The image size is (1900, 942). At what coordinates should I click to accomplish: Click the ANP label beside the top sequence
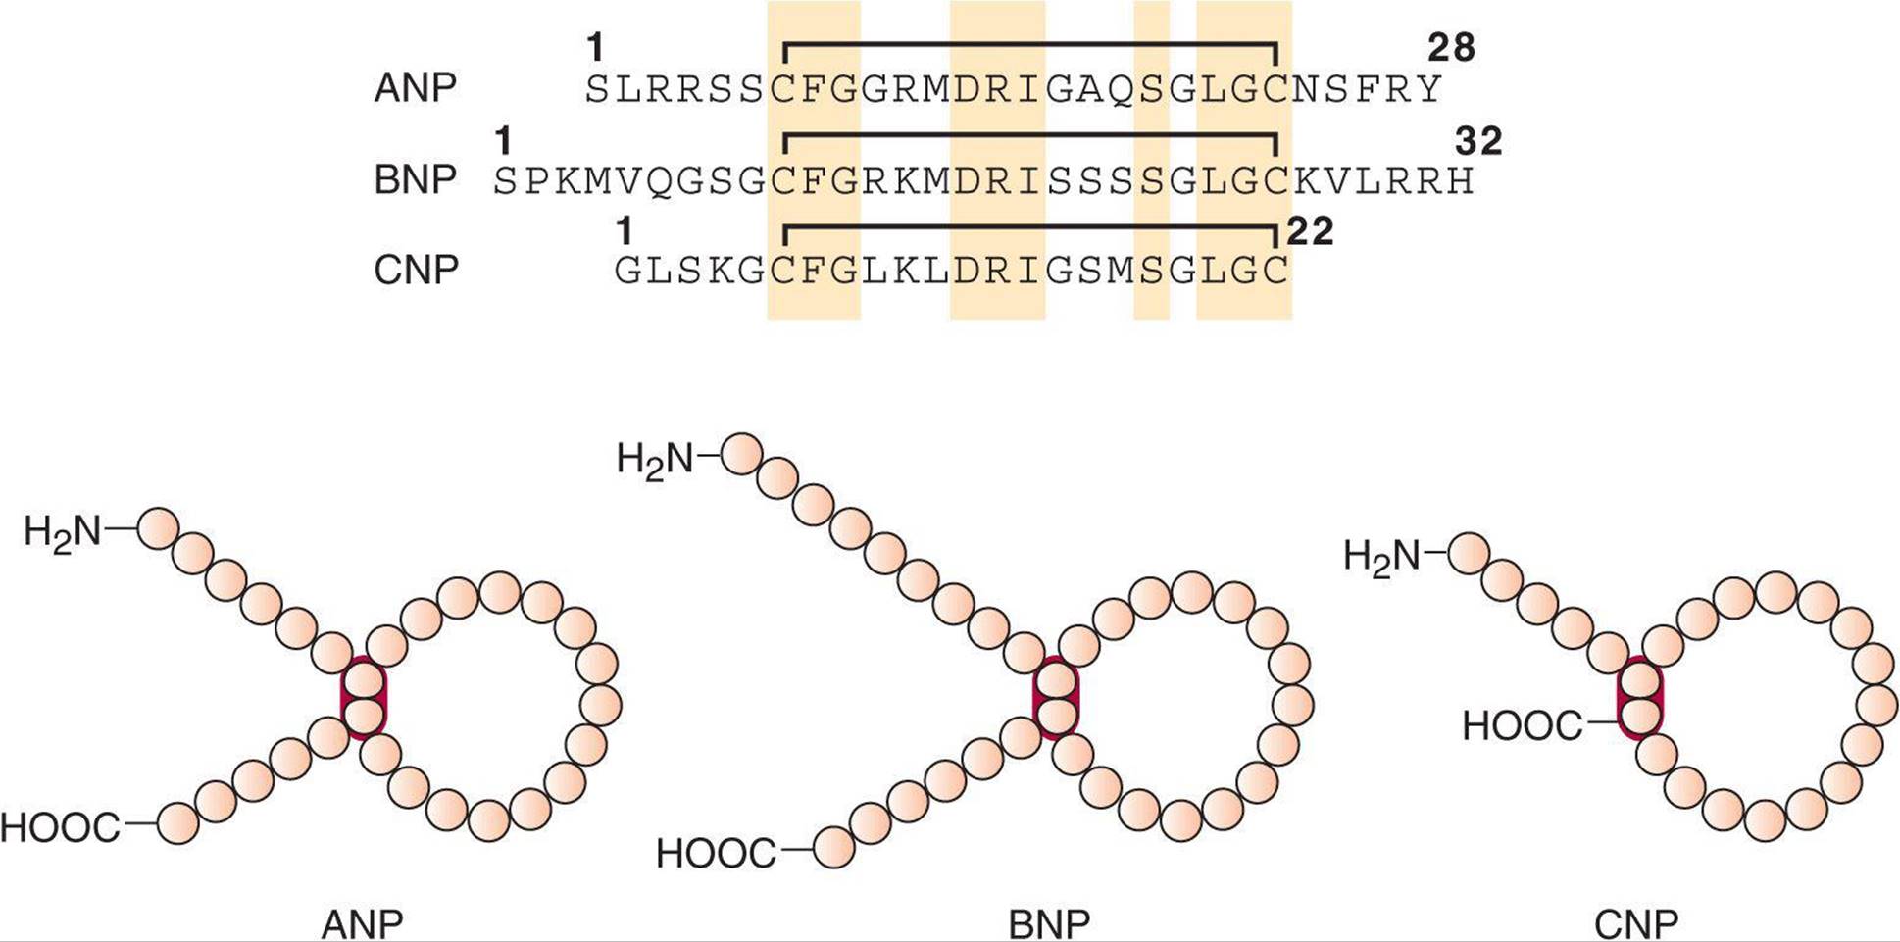pyautogui.click(x=416, y=88)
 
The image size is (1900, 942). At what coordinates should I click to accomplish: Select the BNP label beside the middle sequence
pyautogui.click(x=416, y=180)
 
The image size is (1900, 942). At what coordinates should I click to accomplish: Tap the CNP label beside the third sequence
pyautogui.click(x=416, y=271)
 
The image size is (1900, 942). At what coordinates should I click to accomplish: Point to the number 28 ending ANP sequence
pyautogui.click(x=1451, y=47)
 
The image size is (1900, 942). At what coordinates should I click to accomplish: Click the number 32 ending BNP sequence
pyautogui.click(x=1478, y=142)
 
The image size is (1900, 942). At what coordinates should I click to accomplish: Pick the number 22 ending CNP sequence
pyautogui.click(x=1310, y=231)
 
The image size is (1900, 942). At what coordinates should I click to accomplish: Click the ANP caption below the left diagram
pyautogui.click(x=362, y=924)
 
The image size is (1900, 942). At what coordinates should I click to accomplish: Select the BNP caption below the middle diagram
pyautogui.click(x=1049, y=924)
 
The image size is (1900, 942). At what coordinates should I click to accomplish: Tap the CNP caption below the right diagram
pyautogui.click(x=1636, y=924)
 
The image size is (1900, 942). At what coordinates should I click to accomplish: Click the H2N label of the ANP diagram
pyautogui.click(x=63, y=532)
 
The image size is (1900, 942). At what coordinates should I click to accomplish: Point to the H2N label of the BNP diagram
pyautogui.click(x=655, y=459)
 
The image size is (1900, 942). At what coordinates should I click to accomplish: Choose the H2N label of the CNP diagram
pyautogui.click(x=1381, y=557)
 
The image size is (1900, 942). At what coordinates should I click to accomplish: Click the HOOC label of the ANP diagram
pyautogui.click(x=60, y=828)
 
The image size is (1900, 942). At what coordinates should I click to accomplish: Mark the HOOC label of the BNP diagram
pyautogui.click(x=716, y=854)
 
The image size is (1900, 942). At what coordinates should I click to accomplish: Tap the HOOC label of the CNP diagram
pyautogui.click(x=1523, y=726)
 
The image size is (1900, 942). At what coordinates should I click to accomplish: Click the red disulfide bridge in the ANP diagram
pyautogui.click(x=364, y=697)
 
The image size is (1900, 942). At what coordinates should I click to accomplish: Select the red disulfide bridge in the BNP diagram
pyautogui.click(x=1056, y=698)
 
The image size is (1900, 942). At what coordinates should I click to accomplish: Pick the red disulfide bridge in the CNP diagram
pyautogui.click(x=1640, y=697)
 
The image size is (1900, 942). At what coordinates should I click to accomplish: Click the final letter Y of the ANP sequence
pyautogui.click(x=1428, y=89)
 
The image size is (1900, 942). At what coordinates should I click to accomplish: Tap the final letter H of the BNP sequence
pyautogui.click(x=1460, y=181)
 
